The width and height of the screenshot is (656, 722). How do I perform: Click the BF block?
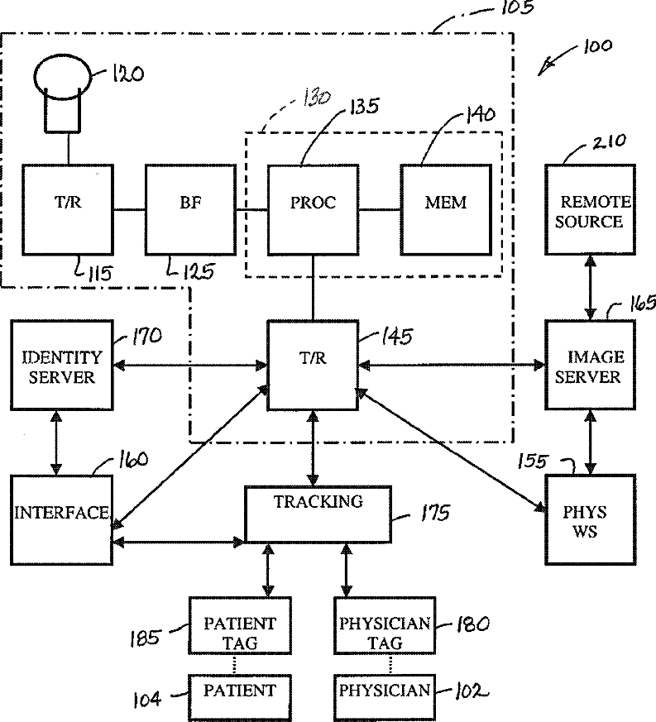click(190, 209)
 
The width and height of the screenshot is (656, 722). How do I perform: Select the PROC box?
click(313, 209)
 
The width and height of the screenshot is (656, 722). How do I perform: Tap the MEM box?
click(445, 209)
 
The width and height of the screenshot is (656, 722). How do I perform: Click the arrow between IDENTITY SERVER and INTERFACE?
click(56, 443)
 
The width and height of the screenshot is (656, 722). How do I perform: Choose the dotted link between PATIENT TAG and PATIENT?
click(236, 663)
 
